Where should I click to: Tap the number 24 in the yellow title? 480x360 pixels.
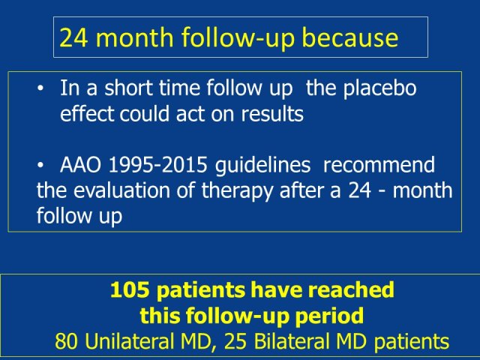(x=73, y=37)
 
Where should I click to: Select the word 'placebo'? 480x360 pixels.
(x=379, y=88)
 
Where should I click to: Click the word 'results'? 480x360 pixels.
(x=272, y=113)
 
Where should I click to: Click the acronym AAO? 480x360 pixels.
(x=80, y=165)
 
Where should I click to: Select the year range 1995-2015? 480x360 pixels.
(x=158, y=165)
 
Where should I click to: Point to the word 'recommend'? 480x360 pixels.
(x=379, y=165)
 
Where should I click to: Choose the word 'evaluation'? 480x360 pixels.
(x=121, y=191)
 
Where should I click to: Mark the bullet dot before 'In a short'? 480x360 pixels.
(x=40, y=88)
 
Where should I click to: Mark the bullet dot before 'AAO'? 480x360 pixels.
(x=40, y=165)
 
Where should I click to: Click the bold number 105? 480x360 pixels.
(x=130, y=289)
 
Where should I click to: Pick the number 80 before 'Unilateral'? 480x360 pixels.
(x=67, y=341)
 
